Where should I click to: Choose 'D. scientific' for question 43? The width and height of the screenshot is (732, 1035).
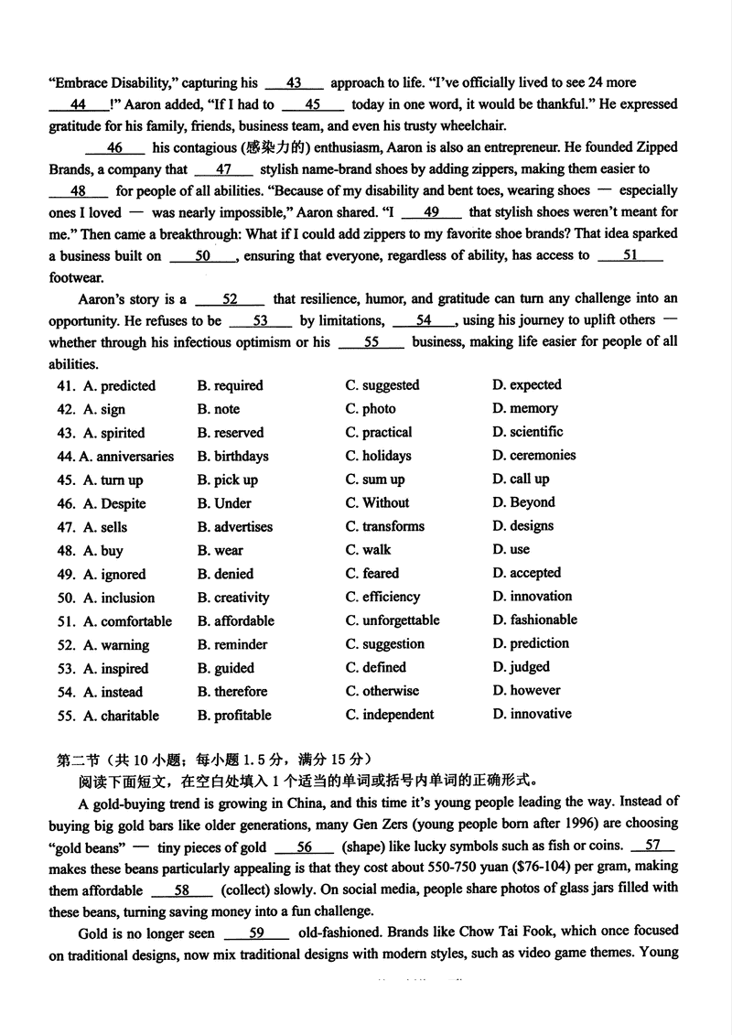coord(527,432)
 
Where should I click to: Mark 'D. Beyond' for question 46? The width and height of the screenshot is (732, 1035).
coord(523,502)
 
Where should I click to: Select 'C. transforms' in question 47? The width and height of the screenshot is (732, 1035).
coord(385,526)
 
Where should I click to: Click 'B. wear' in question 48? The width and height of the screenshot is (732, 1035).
coord(220,550)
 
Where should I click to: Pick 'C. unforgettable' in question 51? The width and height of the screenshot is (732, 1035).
coord(393,620)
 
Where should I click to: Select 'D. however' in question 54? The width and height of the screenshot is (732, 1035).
coord(526,691)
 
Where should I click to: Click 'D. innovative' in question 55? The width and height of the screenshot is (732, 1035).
coord(532,714)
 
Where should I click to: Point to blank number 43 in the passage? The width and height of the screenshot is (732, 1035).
coord(294,83)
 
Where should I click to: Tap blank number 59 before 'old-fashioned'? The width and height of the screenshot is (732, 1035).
coord(256,933)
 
